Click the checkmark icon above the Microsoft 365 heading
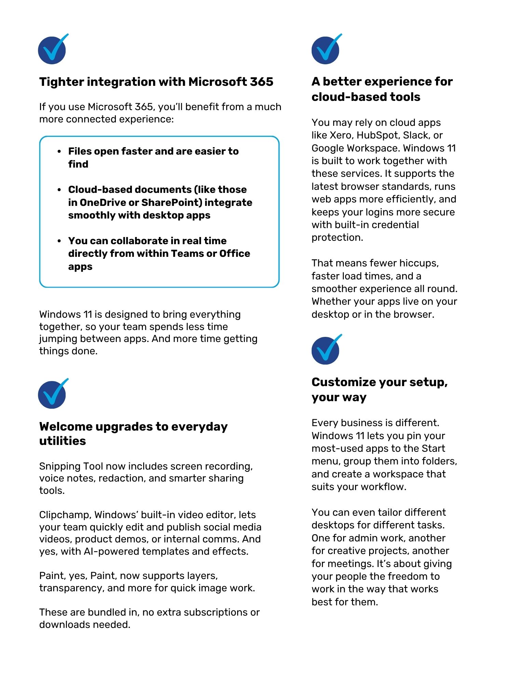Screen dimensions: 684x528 52,50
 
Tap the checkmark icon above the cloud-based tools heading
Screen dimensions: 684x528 326,50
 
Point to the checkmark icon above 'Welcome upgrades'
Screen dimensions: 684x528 52,394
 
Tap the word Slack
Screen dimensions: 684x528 416,135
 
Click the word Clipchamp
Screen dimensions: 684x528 65,515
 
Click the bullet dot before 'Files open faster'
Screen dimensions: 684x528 59,152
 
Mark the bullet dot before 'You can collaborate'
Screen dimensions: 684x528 59,241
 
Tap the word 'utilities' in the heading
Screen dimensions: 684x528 63,441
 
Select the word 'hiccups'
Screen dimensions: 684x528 419,263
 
